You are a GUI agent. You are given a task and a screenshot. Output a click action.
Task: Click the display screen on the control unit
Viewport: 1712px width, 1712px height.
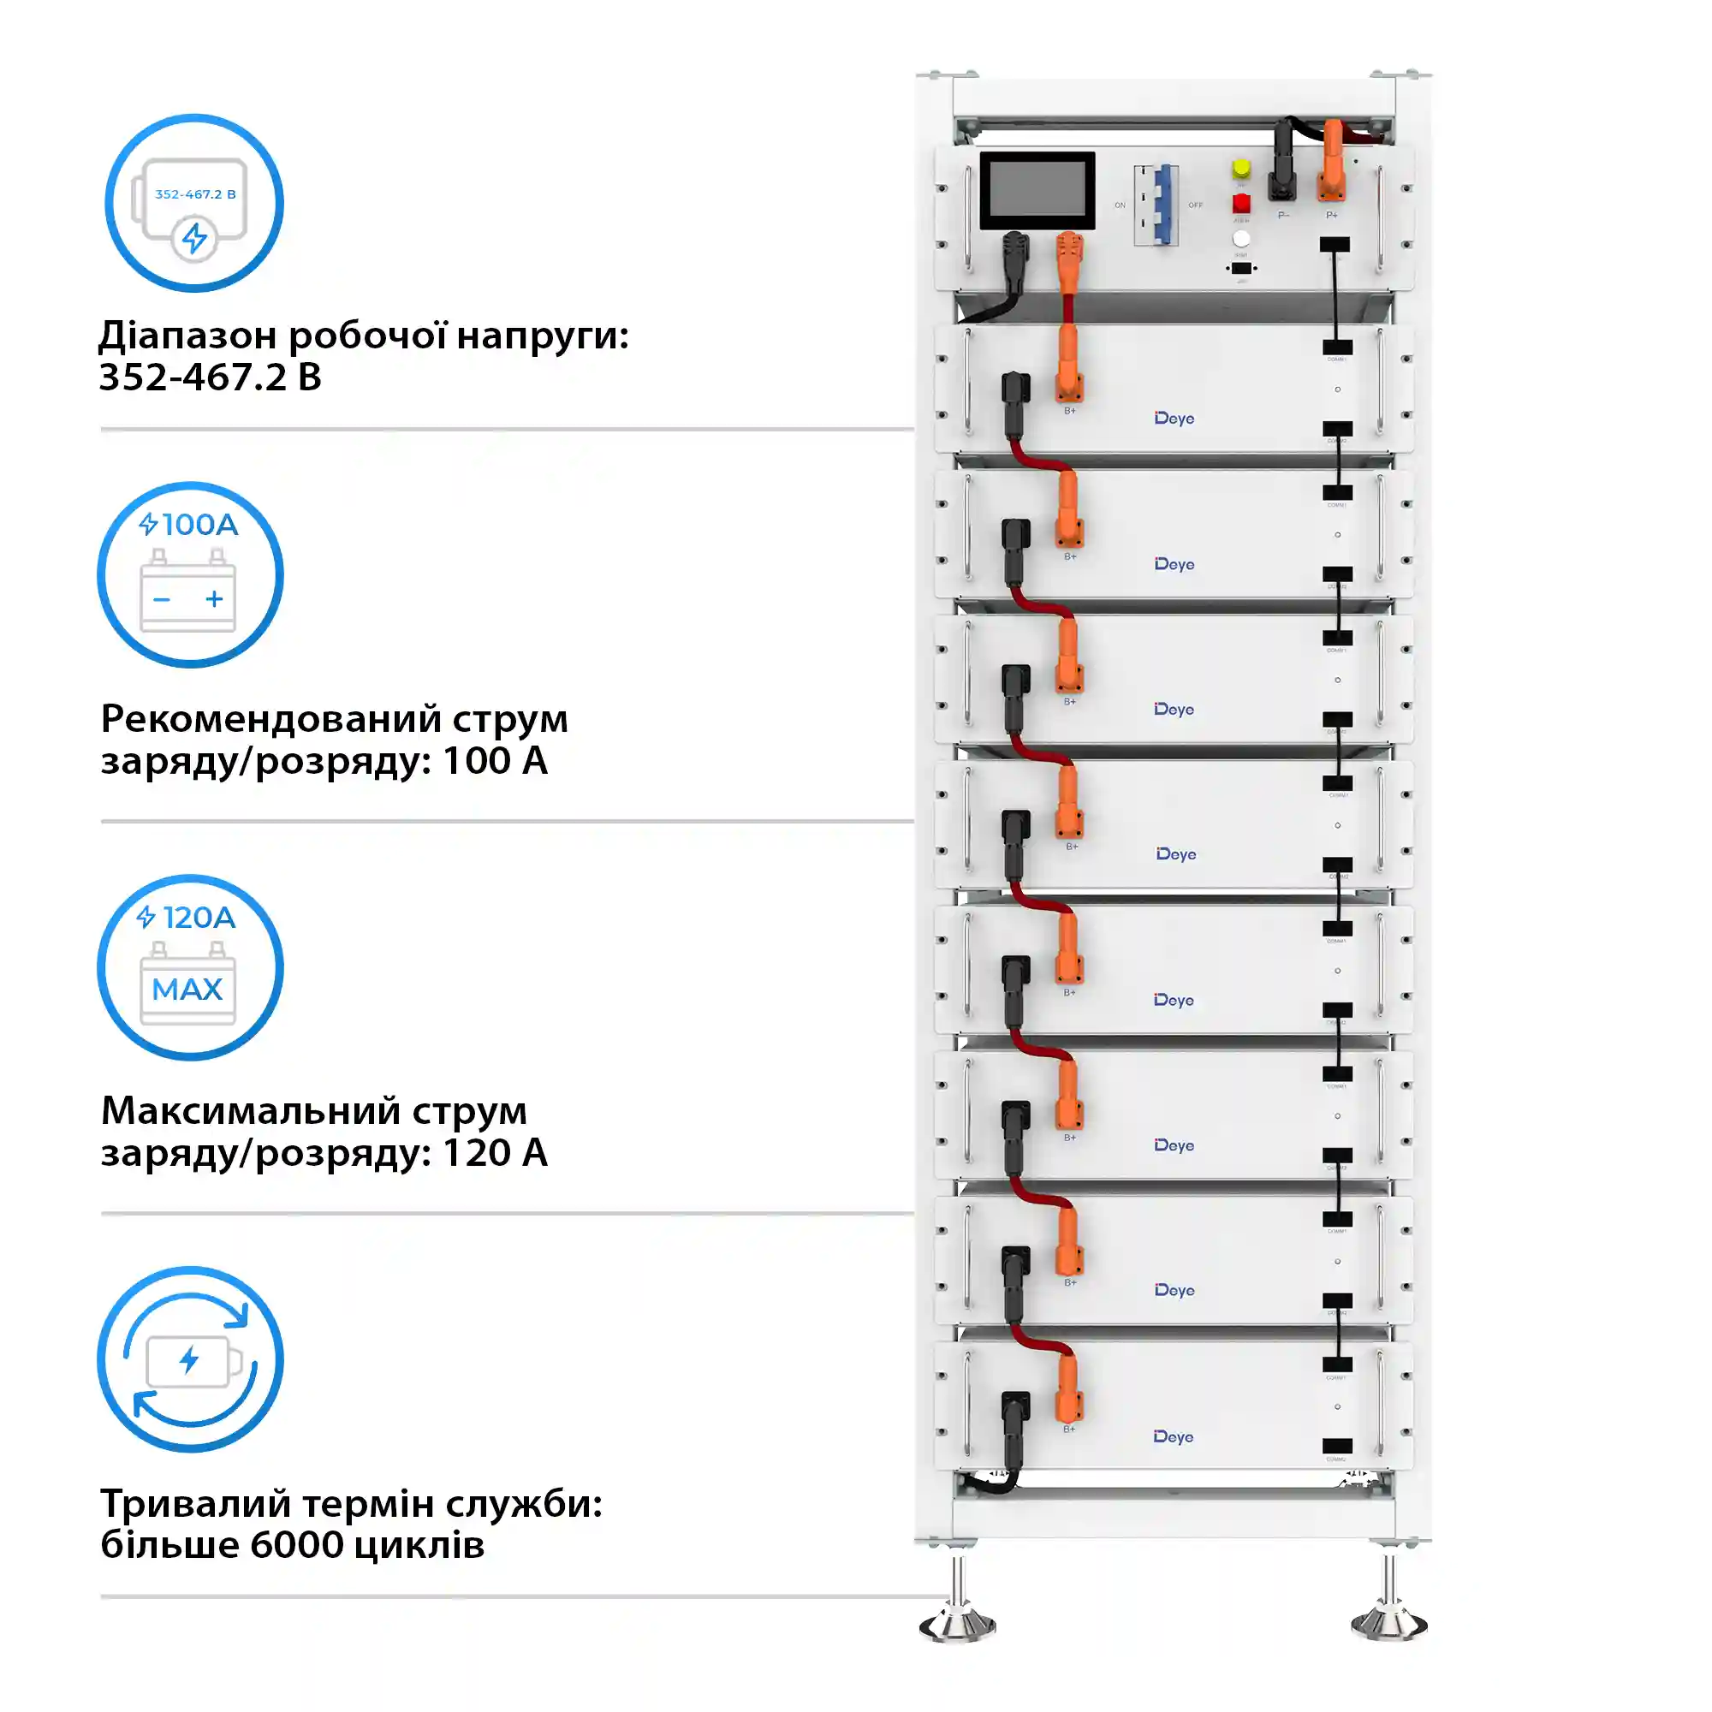pyautogui.click(x=1037, y=190)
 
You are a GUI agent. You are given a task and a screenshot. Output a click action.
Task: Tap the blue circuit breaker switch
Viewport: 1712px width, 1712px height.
pyautogui.click(x=1162, y=205)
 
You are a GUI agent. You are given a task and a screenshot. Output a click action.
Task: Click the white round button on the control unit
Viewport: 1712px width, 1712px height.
pyautogui.click(x=1240, y=238)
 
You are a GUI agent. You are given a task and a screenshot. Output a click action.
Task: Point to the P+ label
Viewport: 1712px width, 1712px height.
pyautogui.click(x=1331, y=216)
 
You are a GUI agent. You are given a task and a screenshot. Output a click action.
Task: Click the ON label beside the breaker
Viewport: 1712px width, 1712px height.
pyautogui.click(x=1120, y=205)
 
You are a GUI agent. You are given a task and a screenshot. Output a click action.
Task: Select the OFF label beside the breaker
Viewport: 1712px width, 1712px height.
pyautogui.click(x=1195, y=205)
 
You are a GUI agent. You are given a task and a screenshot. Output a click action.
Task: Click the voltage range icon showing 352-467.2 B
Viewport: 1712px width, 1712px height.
pyautogui.click(x=194, y=203)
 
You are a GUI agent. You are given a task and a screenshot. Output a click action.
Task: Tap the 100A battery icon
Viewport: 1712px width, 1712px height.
pyautogui.click(x=191, y=575)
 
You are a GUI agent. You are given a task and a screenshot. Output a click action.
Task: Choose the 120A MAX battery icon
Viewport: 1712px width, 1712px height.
pyautogui.click(x=191, y=967)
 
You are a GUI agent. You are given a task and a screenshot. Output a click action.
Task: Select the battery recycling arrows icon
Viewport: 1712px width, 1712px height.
pyautogui.click(x=191, y=1359)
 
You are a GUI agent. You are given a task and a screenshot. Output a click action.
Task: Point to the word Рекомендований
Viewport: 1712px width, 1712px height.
pyautogui.click(x=270, y=719)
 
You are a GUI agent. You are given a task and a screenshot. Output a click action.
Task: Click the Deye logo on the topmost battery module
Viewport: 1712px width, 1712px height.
pyautogui.click(x=1174, y=419)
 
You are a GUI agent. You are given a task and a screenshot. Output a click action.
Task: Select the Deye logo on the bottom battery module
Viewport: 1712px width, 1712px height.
pyautogui.click(x=1174, y=1436)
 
